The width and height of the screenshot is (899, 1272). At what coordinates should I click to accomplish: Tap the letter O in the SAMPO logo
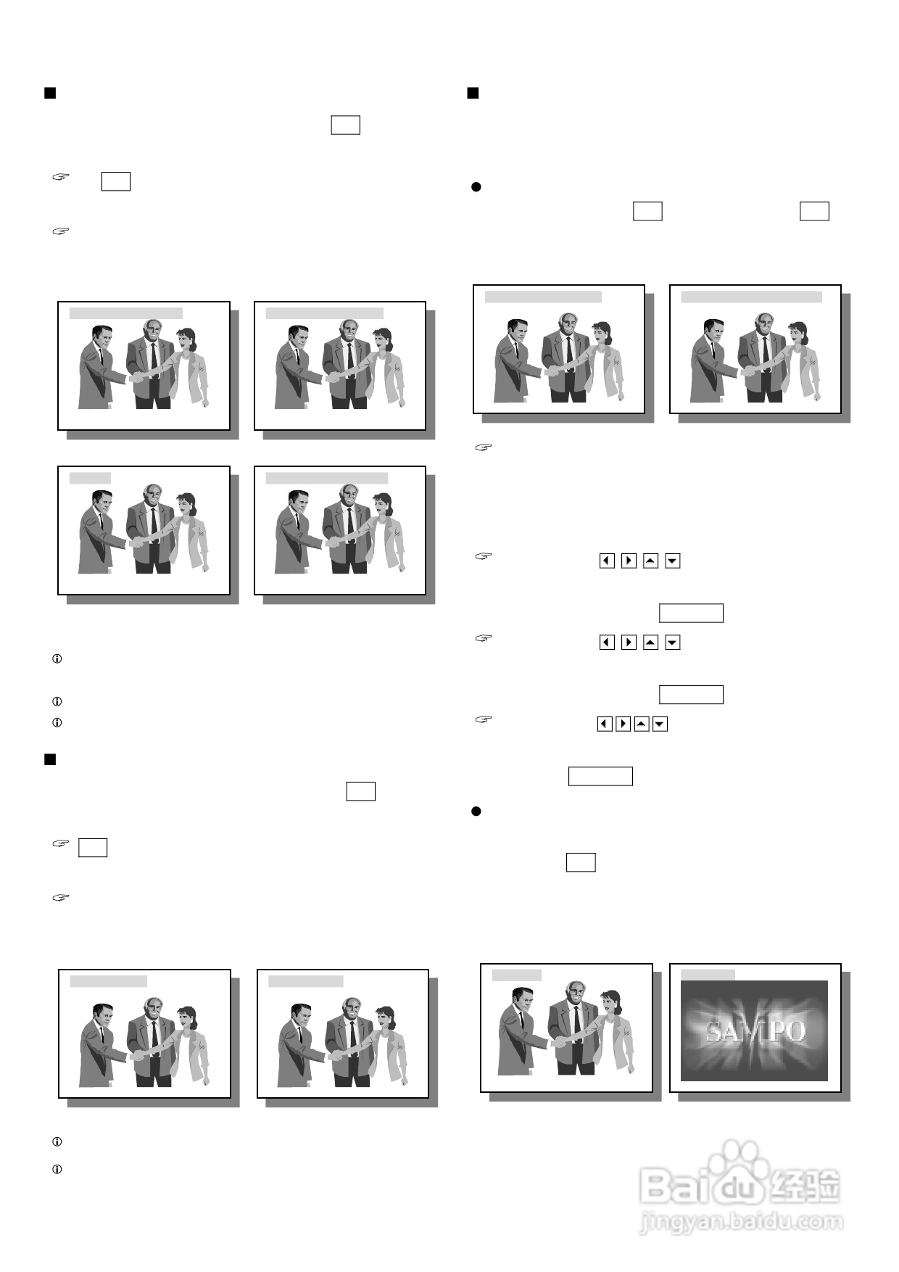tap(795, 1031)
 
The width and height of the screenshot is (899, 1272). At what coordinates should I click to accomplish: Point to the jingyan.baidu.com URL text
tap(741, 1223)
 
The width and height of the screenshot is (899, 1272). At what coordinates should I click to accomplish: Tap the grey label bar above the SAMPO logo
tap(708, 975)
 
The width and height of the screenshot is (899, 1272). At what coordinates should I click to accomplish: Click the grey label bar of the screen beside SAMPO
tap(517, 975)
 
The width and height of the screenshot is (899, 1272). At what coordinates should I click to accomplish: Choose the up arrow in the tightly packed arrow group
tap(642, 724)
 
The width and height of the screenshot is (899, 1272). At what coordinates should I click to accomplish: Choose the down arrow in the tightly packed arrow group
tap(660, 724)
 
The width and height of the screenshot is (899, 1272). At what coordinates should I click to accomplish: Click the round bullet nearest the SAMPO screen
tap(476, 811)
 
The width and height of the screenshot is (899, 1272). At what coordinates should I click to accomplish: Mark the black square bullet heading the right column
tap(473, 93)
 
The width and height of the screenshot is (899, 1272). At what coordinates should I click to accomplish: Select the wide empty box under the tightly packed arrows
tap(600, 776)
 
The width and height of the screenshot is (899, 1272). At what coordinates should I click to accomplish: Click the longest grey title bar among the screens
tap(752, 297)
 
